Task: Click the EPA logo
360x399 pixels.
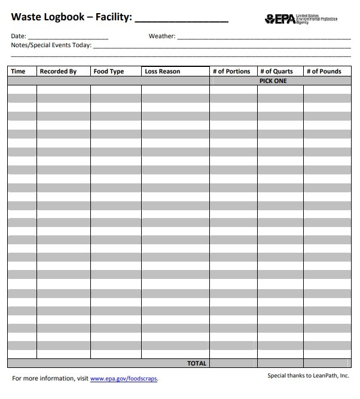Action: point(280,19)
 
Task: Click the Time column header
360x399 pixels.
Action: point(19,72)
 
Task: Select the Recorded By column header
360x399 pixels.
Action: point(58,72)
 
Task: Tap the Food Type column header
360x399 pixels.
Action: point(109,72)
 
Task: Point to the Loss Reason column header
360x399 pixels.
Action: point(162,72)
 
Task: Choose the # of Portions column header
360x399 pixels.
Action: point(231,72)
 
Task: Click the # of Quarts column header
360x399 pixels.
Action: point(276,72)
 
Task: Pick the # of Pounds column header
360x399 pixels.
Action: point(324,72)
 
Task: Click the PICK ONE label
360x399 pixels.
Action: point(273,81)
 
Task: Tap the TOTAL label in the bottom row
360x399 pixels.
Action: point(197,363)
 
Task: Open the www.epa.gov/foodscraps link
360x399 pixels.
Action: point(124,379)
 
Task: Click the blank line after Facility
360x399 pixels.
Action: point(181,18)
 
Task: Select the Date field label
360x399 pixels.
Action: point(19,36)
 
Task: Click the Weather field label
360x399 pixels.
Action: point(161,36)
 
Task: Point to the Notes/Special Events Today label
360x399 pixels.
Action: point(51,45)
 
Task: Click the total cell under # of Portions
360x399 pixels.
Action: point(233,363)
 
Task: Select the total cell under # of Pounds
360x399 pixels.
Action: point(327,363)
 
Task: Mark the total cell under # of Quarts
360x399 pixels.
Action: point(280,363)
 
